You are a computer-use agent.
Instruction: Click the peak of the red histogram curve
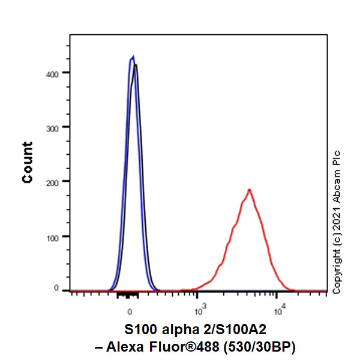click(x=248, y=190)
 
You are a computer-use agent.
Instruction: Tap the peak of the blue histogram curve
click(x=133, y=57)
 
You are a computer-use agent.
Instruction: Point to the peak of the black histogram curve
click(x=136, y=65)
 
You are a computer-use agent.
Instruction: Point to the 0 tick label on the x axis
click(x=130, y=312)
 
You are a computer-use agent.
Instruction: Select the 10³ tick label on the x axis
click(x=199, y=311)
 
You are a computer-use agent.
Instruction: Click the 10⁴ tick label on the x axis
click(x=277, y=311)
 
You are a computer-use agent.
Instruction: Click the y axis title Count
click(x=28, y=162)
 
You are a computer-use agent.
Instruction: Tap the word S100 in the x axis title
click(x=138, y=330)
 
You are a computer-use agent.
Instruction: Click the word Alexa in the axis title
click(x=151, y=346)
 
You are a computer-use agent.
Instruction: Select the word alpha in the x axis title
click(x=176, y=330)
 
